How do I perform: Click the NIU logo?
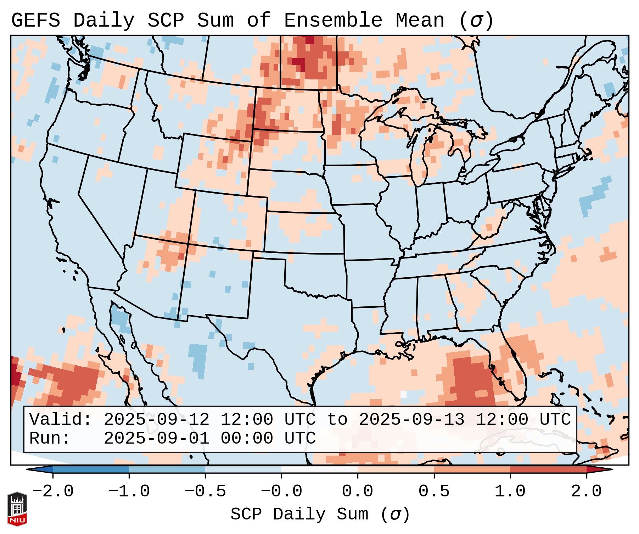tap(17, 508)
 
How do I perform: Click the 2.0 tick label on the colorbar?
tap(586, 491)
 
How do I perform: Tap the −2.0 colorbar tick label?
tap(53, 491)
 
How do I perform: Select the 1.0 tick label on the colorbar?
tap(510, 491)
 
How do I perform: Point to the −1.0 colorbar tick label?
tap(129, 491)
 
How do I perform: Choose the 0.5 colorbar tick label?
tap(434, 491)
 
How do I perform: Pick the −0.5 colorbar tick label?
tap(205, 491)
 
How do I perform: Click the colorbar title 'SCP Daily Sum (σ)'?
tap(320, 514)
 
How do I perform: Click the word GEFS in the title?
tap(36, 21)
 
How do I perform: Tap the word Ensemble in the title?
tap(333, 21)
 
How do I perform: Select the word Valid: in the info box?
tap(61, 419)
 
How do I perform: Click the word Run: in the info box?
tap(50, 438)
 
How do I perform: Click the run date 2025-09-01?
tap(156, 438)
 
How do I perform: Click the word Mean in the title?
tap(420, 21)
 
